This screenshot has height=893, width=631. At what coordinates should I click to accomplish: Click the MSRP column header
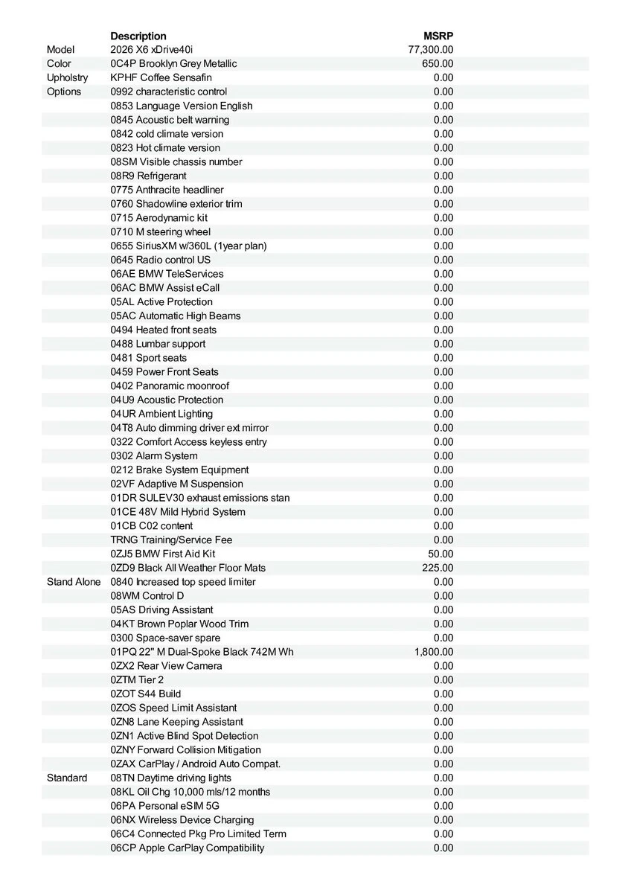point(438,36)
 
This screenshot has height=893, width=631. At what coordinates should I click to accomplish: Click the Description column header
point(138,36)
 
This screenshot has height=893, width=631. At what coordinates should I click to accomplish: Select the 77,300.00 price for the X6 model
point(431,50)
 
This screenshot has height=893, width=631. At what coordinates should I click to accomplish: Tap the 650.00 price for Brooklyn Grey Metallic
point(438,64)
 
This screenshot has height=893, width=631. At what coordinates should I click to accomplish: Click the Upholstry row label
point(67,78)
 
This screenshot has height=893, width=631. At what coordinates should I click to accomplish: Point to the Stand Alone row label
point(74,582)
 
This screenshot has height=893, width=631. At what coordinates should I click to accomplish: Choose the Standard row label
point(67,778)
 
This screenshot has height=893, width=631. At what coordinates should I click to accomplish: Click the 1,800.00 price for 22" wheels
point(434,652)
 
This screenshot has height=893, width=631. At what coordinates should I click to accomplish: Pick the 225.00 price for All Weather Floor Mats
point(438,568)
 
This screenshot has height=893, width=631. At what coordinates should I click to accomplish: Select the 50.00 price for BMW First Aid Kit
point(441,554)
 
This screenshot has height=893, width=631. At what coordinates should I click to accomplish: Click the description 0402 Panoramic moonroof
point(170,386)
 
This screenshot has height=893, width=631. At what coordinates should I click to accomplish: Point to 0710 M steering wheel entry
point(161,232)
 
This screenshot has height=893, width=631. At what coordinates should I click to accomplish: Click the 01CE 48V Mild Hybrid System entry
point(178,512)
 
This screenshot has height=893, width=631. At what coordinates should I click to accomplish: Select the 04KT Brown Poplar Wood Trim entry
point(180,624)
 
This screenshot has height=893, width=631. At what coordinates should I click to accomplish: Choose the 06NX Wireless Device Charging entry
point(182,820)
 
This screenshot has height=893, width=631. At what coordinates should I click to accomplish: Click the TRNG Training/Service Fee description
point(172,540)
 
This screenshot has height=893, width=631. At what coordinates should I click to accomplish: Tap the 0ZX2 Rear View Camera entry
point(167,666)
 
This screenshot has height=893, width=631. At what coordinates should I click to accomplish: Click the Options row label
point(64,92)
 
